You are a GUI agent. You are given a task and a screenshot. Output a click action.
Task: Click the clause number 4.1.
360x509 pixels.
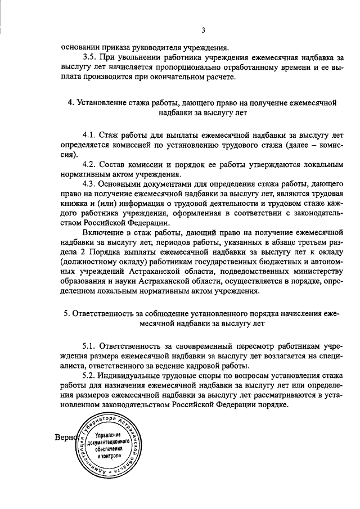pyautogui.click(x=90, y=136)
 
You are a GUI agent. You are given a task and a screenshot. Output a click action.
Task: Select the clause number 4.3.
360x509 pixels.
pyautogui.click(x=90, y=184)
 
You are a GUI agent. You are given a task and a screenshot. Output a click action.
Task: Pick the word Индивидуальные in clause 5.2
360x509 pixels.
pyautogui.click(x=128, y=375)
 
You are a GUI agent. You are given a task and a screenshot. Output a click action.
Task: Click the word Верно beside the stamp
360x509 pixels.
pyautogui.click(x=67, y=437)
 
